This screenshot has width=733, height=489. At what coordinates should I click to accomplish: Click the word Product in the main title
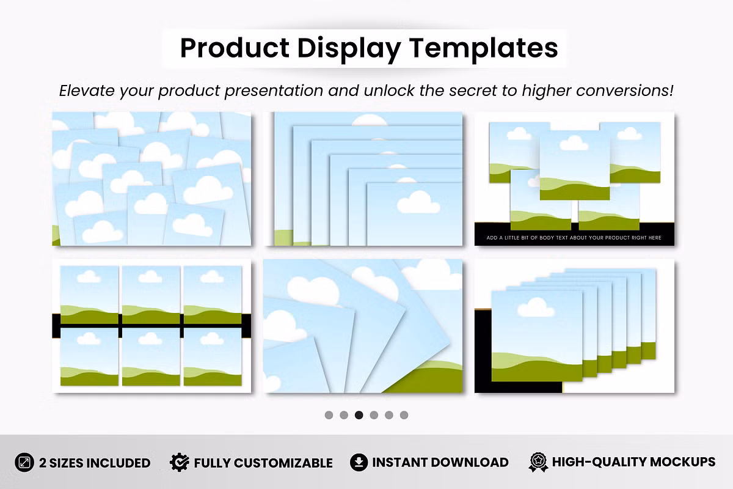coord(235,48)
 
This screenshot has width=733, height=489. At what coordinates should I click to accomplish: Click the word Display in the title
coord(349,49)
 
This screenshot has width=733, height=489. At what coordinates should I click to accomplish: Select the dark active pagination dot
coord(359,415)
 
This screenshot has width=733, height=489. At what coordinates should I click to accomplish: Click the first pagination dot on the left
coord(329,415)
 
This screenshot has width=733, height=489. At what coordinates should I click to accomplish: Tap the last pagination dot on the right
coord(404,415)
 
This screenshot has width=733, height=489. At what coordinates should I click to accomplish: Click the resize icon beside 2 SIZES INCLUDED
coord(24,463)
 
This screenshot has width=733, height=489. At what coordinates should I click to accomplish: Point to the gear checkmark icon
coord(180,462)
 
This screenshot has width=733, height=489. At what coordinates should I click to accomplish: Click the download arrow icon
coord(359,462)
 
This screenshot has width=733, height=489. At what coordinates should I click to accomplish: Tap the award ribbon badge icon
coord(538,462)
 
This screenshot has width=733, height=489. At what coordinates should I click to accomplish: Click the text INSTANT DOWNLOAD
coord(440,463)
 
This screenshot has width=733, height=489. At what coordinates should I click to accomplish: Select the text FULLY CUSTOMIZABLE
coord(263,463)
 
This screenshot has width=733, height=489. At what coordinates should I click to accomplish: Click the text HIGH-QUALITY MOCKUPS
coord(634,462)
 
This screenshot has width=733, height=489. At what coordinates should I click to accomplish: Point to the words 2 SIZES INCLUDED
coord(95,463)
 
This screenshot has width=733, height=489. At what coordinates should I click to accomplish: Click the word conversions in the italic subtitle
coord(625,90)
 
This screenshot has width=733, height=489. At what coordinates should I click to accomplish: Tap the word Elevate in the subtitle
coord(87,90)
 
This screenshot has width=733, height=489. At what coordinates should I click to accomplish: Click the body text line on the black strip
coord(574,238)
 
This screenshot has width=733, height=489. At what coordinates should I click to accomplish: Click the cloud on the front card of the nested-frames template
coord(418,202)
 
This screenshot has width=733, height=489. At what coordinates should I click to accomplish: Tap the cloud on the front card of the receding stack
coord(536,307)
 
